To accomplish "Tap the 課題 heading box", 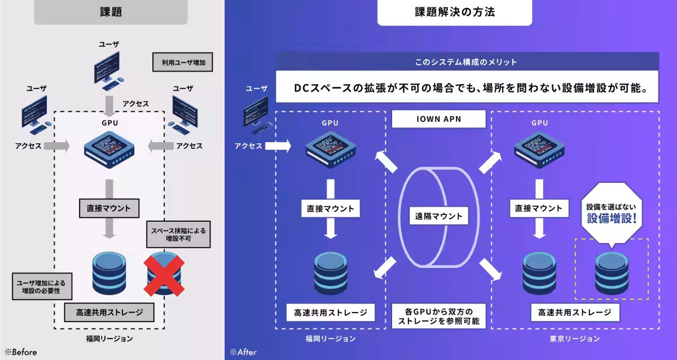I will [111, 12].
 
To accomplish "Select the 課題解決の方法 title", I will [454, 12].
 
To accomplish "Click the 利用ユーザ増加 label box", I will [183, 62].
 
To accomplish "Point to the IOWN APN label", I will [438, 119].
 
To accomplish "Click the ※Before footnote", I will [21, 352].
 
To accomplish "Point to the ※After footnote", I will [243, 352].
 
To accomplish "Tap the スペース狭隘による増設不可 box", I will [178, 234].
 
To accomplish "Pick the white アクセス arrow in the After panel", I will [277, 146].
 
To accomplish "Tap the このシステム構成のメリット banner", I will [466, 62].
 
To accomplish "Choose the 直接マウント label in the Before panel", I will [109, 208].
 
